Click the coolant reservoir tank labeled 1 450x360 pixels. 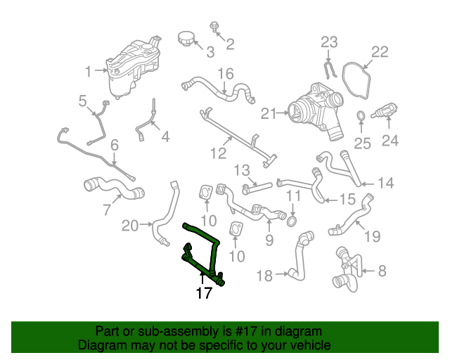coord(134,69)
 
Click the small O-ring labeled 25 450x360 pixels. coord(360,116)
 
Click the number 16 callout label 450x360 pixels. coord(224,74)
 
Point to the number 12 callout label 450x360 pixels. coord(219,151)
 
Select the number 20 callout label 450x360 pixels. coord(130,226)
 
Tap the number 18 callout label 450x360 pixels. coord(264,276)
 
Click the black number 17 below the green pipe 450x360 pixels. coord(203,293)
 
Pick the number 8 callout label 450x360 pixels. coord(382,270)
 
